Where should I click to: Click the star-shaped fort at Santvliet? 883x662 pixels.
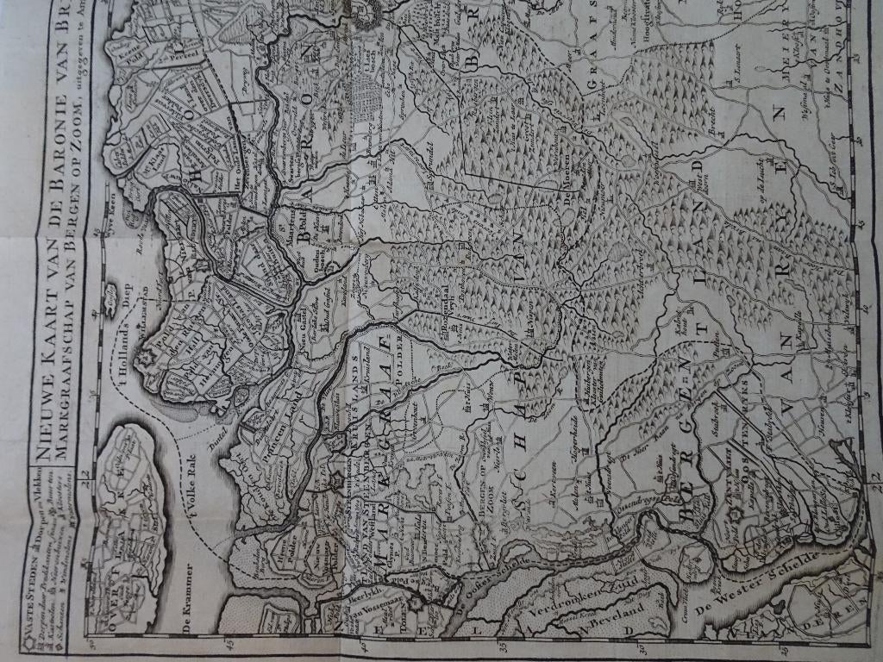point(735,515)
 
